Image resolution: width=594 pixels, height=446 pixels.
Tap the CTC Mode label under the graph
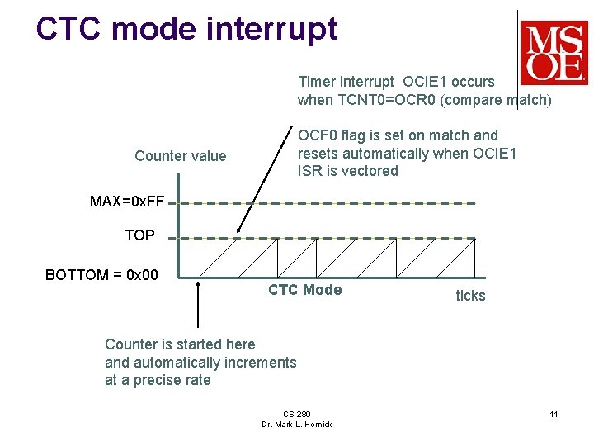click(304, 290)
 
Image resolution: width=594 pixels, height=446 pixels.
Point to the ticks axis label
click(470, 296)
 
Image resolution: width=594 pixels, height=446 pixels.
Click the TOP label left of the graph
click(139, 235)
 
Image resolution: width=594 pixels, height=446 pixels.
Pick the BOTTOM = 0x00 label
click(101, 275)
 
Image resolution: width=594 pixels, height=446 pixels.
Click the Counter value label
click(180, 156)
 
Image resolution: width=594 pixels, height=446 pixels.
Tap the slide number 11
click(554, 414)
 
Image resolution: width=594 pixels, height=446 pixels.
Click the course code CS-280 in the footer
click(296, 414)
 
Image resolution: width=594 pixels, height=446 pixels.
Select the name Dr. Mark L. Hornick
click(296, 425)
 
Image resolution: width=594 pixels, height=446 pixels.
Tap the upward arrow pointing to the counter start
click(198, 306)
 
